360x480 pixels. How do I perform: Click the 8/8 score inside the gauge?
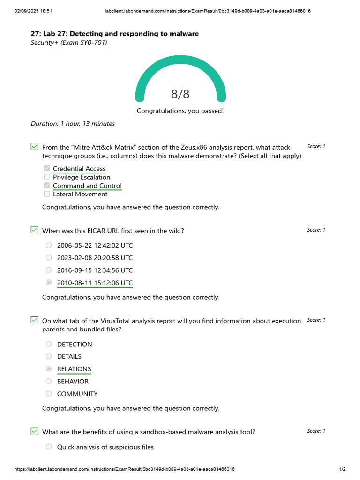(180, 94)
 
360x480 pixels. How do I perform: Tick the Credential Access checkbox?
(47, 169)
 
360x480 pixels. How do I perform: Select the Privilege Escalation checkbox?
(47, 177)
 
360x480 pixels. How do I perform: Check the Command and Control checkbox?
(47, 186)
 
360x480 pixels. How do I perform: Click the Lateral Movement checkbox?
(47, 194)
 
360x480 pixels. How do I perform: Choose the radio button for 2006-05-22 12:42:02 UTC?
(49, 245)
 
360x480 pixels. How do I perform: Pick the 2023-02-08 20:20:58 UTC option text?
(95, 258)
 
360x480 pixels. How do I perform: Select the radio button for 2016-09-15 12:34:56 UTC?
(49, 270)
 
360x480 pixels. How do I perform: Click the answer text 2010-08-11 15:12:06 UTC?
(95, 283)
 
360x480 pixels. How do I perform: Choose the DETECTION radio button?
(49, 344)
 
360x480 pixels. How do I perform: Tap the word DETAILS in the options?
(69, 357)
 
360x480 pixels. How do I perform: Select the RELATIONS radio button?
(49, 369)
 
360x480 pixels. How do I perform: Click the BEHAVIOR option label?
(73, 382)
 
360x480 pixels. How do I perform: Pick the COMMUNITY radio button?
(49, 394)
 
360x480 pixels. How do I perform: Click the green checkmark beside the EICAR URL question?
(35, 230)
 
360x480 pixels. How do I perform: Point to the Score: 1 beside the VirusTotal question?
(316, 320)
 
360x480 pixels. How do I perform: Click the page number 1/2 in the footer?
(342, 469)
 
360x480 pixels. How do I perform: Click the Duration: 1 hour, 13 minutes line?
(73, 124)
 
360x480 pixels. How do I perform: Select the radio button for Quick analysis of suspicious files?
(49, 447)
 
